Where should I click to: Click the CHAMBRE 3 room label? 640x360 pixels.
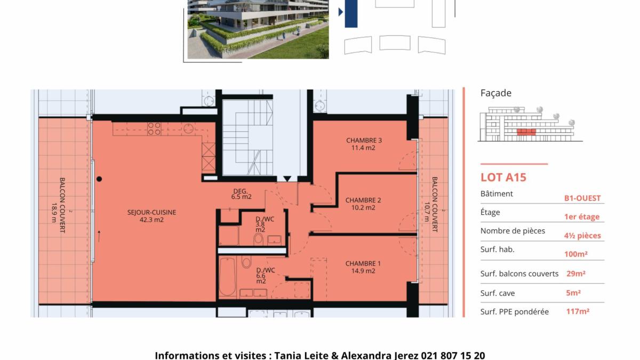[364, 140]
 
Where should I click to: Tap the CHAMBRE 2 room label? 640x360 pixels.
[363, 200]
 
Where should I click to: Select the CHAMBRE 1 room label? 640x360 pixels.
[363, 263]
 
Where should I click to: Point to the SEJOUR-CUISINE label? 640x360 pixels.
[151, 212]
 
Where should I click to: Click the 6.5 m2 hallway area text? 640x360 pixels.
[242, 197]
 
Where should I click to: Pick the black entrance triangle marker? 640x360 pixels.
[287, 179]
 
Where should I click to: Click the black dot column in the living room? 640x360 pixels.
[99, 179]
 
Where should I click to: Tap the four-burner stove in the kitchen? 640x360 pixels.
[154, 129]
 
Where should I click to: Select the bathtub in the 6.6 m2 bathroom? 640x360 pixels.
[227, 277]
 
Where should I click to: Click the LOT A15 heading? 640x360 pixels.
[503, 178]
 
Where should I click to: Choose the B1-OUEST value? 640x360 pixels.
[582, 198]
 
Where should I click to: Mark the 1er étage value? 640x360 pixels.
[582, 217]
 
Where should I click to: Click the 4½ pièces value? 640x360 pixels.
[582, 236]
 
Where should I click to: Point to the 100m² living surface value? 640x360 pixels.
[575, 254]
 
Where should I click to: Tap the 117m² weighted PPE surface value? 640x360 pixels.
[578, 311]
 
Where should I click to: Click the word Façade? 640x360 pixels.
[495, 93]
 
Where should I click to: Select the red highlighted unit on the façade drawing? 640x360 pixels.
[526, 132]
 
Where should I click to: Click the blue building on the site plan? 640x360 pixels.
[351, 14]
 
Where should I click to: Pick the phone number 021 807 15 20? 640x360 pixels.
[453, 355]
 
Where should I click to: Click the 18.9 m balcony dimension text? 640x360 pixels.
[54, 213]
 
